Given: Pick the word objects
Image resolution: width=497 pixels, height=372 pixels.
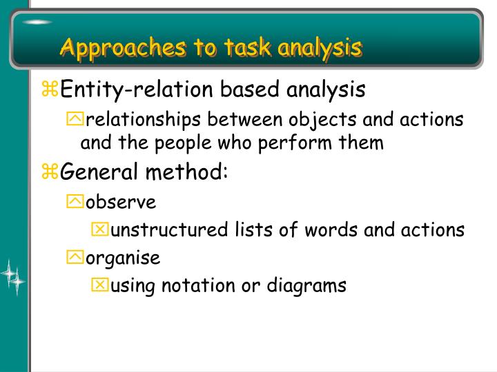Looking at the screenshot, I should click(324, 120).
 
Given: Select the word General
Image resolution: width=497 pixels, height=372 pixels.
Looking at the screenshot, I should click(94, 173).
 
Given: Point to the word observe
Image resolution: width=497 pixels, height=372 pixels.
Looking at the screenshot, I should click(121, 202).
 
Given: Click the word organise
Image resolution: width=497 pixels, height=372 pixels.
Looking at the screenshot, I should click(123, 258).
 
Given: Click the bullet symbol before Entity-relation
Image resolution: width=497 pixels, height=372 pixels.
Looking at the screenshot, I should click(51, 90).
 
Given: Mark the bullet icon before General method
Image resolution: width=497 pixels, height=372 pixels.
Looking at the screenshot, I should click(51, 173).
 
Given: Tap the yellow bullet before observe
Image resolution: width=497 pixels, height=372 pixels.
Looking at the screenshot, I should click(75, 202).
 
